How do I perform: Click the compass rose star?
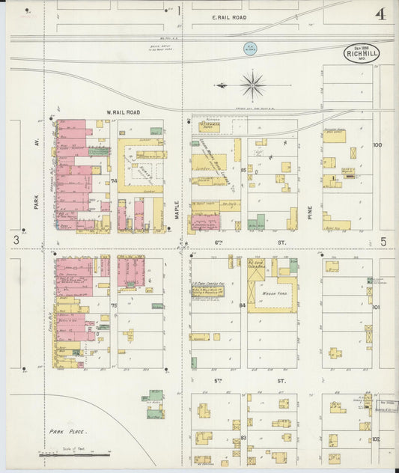coord(254,84)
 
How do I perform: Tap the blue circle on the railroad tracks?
coord(248,48)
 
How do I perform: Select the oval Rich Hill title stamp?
coord(362,54)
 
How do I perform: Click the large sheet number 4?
coord(381,13)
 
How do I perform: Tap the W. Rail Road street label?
coord(124,112)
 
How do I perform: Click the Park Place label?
coord(68,432)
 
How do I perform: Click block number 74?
coord(115,181)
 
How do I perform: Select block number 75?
coord(115,305)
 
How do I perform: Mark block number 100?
coord(377,144)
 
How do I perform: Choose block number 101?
coord(376,307)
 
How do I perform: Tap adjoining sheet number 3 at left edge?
coord(15,239)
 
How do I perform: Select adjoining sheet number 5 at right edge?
coord(383,241)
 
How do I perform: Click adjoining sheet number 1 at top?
coord(179,10)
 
